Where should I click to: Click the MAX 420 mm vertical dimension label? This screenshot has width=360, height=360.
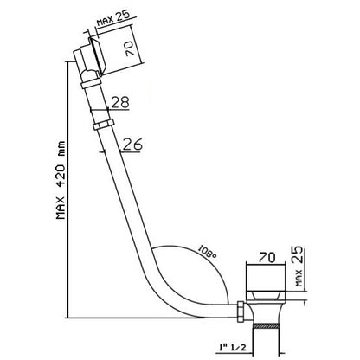[61, 180]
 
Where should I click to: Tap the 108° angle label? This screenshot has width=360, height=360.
[207, 252]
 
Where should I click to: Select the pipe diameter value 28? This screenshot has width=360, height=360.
[120, 102]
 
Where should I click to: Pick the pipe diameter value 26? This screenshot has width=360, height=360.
[132, 145]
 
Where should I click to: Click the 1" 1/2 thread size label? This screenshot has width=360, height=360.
[231, 347]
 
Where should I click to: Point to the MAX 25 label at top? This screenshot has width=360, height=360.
[112, 18]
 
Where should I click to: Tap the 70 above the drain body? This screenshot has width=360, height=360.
[267, 257]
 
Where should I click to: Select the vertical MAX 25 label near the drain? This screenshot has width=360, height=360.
[299, 266]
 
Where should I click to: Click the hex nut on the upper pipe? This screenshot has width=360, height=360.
[103, 125]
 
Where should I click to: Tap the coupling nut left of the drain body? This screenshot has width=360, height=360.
[241, 312]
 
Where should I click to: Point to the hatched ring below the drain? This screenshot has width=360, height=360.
[266, 326]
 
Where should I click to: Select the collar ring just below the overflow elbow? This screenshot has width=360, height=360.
[91, 84]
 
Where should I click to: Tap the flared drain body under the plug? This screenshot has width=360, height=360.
[266, 312]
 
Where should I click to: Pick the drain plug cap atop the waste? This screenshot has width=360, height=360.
[266, 296]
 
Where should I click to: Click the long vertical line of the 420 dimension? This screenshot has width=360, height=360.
[67, 190]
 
